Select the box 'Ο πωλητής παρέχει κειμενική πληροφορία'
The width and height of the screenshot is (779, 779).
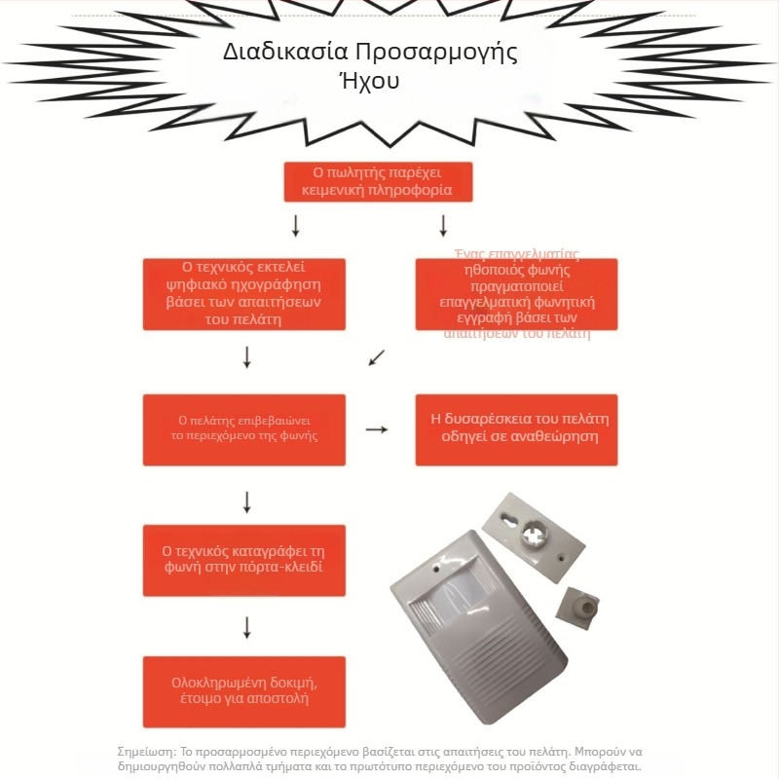click(378, 181)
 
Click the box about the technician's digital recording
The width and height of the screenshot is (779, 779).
click(244, 293)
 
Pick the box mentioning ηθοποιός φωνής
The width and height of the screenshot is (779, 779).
click(517, 293)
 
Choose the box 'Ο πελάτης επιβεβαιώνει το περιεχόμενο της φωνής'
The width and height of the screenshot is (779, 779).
click(244, 428)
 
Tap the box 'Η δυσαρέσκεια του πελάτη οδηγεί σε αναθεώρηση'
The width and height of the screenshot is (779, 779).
click(517, 428)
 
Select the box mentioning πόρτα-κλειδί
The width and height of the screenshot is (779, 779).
click(244, 560)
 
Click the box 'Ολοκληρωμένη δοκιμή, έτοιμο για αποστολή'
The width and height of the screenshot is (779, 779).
click(244, 691)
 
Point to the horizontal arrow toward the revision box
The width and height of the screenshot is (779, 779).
click(376, 428)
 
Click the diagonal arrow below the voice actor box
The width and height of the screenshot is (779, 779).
click(377, 358)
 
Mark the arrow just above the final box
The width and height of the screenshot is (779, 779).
click(247, 627)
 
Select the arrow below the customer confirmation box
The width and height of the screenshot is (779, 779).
click(247, 501)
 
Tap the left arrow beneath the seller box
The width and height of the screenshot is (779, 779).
click(296, 226)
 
